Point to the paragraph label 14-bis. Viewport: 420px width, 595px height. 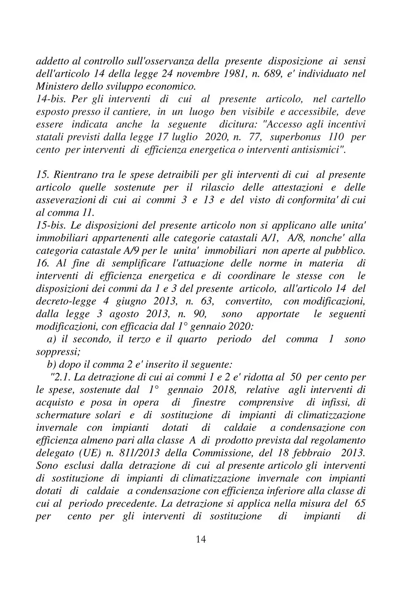[x=50, y=99]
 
